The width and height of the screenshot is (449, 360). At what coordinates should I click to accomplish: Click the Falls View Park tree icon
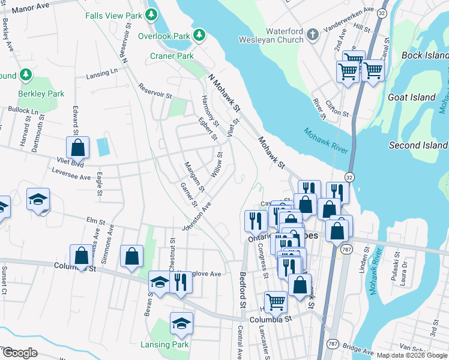(152, 14)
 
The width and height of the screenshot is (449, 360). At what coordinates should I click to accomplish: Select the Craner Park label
(172, 56)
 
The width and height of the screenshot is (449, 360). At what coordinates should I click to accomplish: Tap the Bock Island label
(421, 55)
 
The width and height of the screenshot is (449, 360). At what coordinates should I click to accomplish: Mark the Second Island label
(418, 145)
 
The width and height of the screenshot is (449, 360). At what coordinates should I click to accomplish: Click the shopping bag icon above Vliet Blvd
(78, 147)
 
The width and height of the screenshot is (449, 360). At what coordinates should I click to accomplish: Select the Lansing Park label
(164, 344)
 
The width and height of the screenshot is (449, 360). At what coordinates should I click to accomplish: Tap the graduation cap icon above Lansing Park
(181, 323)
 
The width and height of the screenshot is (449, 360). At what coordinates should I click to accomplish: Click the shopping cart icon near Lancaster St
(276, 301)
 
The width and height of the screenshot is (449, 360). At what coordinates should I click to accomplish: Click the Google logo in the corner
(20, 353)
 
